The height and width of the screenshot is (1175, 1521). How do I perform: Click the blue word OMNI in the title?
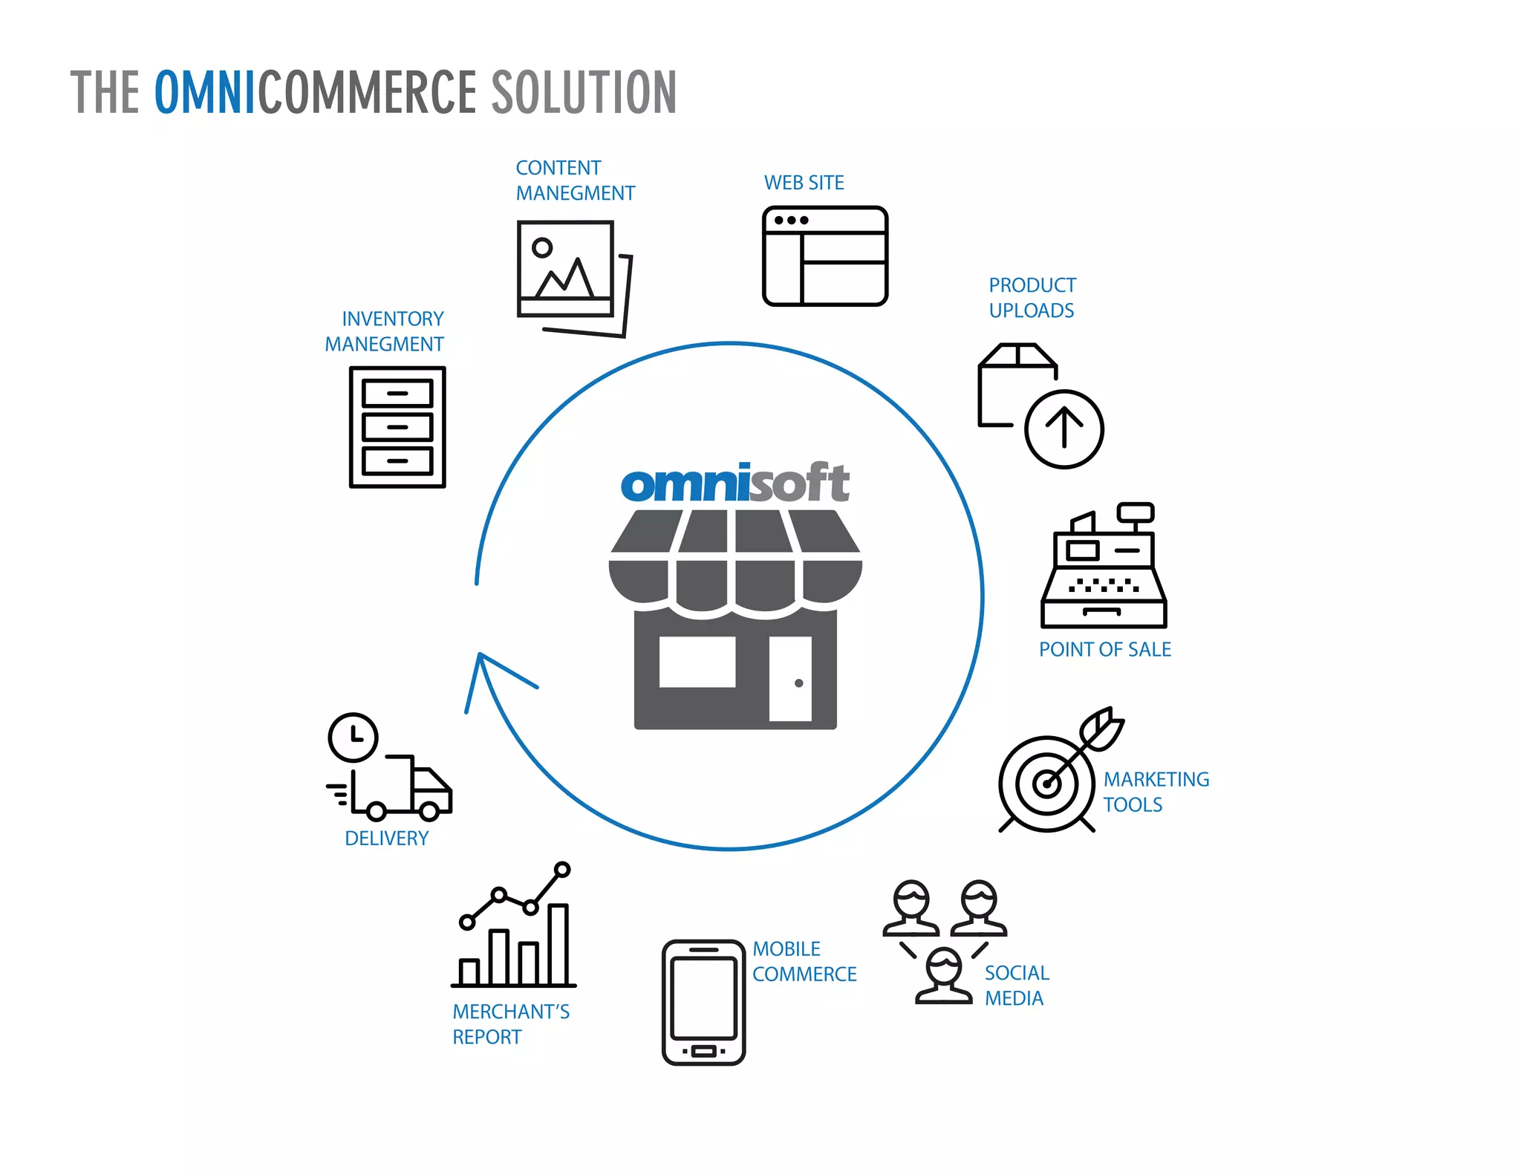[x=204, y=92]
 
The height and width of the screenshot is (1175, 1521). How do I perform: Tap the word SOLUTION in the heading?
[x=584, y=92]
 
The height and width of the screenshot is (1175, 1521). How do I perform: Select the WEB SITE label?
[x=804, y=183]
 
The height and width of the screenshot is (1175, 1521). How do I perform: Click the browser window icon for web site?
[x=825, y=256]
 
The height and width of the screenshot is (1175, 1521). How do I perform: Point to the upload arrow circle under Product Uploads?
[x=1064, y=429]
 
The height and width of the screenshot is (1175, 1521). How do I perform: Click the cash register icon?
[x=1104, y=568]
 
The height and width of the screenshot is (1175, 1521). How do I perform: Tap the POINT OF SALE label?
[x=1104, y=650]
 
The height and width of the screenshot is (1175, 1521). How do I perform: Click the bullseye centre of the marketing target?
[x=1047, y=784]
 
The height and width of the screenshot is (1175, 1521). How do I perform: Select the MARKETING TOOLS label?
[x=1155, y=792]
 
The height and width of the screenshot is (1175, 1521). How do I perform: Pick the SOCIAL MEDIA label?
[x=1016, y=986]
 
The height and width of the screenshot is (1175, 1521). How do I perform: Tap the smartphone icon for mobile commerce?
[x=703, y=1002]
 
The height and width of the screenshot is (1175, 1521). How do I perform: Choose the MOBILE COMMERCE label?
[x=804, y=962]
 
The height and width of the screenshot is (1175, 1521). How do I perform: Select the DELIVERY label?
[x=386, y=839]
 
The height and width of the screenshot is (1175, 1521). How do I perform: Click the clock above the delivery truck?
[x=354, y=738]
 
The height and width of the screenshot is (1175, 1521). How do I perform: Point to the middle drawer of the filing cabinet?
[x=397, y=427]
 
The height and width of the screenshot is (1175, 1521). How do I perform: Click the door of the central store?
[x=789, y=678]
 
